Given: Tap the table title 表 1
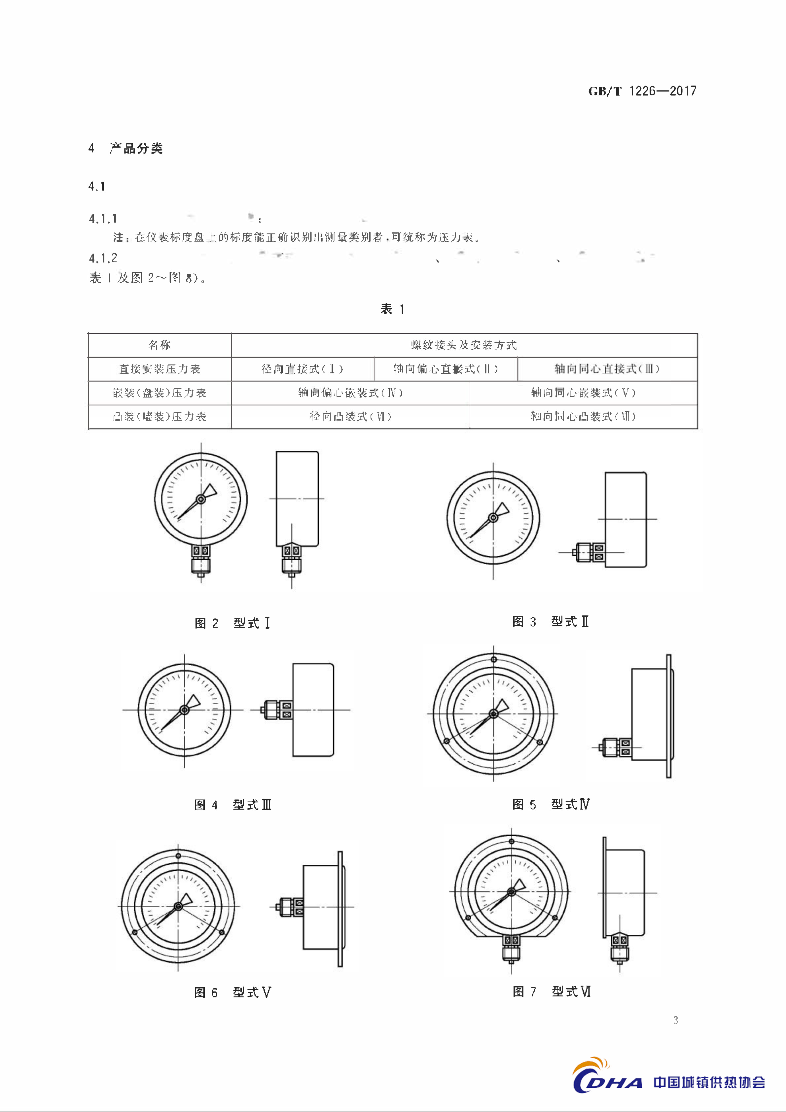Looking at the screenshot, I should (393, 309).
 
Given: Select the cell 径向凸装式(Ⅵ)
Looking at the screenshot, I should (350, 416).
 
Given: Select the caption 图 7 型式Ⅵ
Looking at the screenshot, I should (552, 992).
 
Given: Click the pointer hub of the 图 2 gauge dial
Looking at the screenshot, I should (201, 499).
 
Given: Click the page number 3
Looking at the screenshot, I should (676, 1020).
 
